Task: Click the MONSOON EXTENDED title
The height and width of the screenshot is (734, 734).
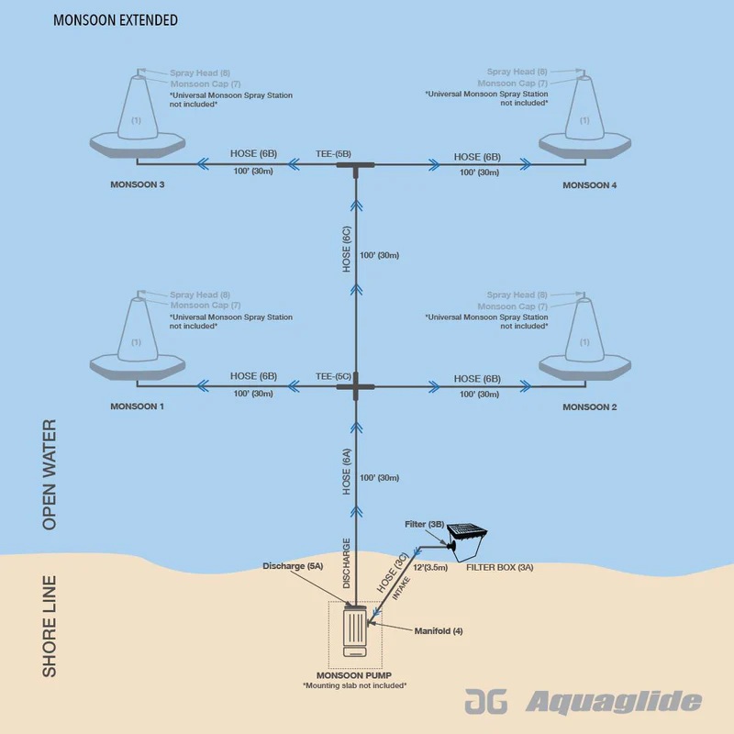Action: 116,19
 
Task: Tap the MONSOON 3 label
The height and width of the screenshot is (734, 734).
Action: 138,185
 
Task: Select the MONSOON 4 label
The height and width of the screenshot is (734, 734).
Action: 590,185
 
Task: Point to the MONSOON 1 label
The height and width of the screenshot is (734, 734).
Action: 138,406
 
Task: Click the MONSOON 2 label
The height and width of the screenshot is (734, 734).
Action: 590,406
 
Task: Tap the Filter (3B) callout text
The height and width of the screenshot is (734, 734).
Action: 425,524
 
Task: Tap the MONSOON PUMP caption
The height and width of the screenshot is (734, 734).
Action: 354,675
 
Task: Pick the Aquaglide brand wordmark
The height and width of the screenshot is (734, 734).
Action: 613,703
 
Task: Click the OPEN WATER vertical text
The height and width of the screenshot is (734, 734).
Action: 50,474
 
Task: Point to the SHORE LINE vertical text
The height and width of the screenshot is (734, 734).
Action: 50,626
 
